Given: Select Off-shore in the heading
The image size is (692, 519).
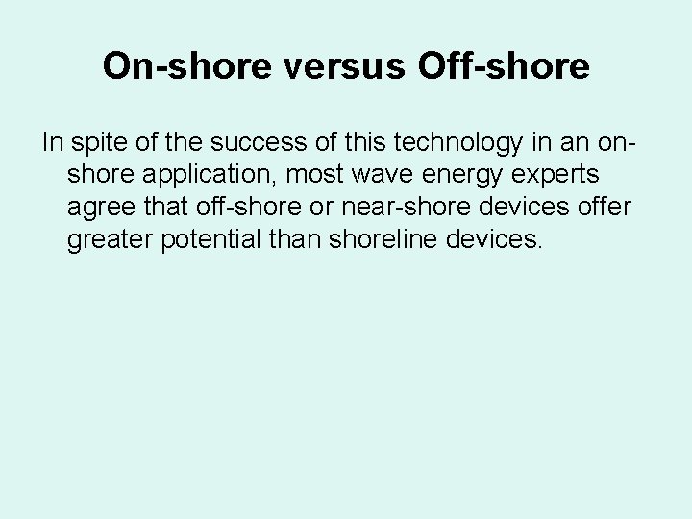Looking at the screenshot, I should click(x=505, y=65).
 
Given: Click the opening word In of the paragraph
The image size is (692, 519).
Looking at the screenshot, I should click(x=51, y=144).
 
